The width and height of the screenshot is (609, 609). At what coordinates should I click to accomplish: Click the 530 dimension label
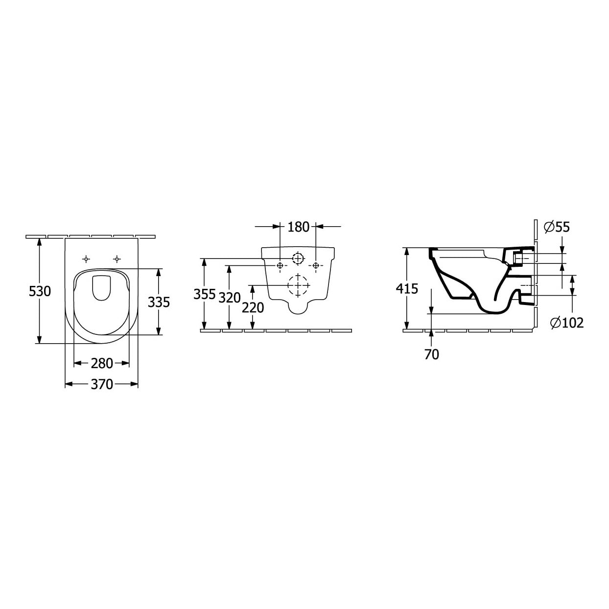click(x=40, y=291)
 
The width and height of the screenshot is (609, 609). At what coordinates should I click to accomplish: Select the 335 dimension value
click(x=159, y=303)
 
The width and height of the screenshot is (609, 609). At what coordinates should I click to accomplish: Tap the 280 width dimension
click(x=102, y=363)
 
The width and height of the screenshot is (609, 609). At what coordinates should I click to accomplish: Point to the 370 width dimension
click(x=102, y=384)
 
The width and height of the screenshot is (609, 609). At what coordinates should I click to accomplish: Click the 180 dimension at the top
click(x=298, y=227)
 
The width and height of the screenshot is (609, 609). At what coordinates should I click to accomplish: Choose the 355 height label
click(x=205, y=294)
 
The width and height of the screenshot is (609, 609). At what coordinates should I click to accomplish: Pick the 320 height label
click(x=230, y=298)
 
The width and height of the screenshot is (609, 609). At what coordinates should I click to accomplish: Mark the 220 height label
click(x=253, y=308)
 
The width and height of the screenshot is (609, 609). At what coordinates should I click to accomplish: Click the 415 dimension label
click(x=407, y=288)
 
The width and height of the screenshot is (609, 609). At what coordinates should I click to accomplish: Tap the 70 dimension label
click(x=432, y=354)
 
